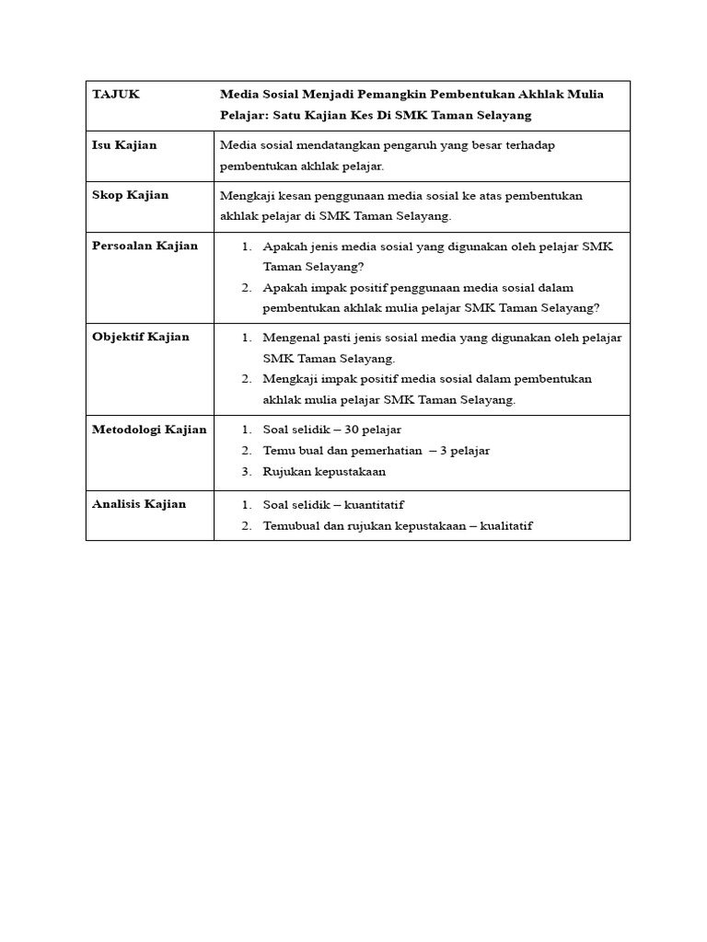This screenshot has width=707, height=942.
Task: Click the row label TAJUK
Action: (x=116, y=95)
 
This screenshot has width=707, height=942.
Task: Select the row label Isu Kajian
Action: (x=124, y=145)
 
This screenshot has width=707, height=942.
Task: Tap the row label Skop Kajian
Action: (x=130, y=195)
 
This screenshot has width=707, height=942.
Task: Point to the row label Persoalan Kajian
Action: (x=145, y=246)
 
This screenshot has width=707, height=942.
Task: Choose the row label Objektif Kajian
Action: (x=140, y=337)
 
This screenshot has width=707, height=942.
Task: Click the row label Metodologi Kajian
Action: (x=149, y=430)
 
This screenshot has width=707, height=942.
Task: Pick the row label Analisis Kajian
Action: (x=139, y=504)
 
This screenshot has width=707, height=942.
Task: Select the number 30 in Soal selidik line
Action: (x=352, y=430)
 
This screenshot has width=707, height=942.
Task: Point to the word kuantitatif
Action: (x=374, y=505)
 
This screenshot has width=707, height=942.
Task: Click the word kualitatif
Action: (x=502, y=526)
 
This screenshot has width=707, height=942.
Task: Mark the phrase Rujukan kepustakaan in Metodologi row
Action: (x=324, y=472)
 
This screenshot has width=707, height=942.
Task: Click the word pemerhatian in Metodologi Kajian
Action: (x=379, y=451)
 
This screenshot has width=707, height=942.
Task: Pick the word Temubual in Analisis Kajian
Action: (x=290, y=526)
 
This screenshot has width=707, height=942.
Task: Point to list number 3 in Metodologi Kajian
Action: (x=247, y=472)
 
